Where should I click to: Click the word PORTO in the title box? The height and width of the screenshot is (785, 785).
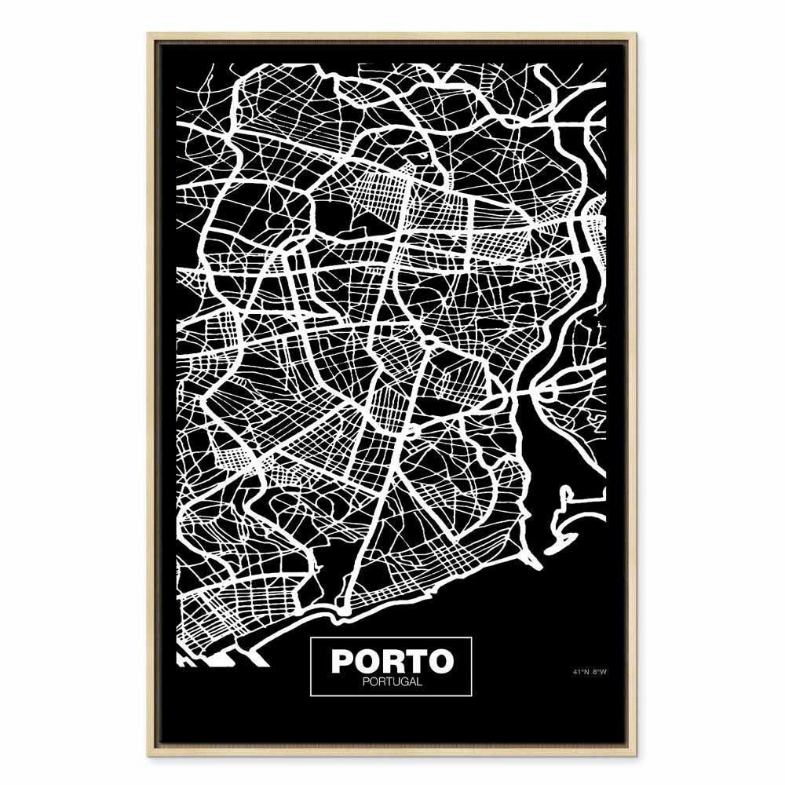[392, 660]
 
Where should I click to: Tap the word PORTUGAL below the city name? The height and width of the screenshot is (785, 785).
[392, 681]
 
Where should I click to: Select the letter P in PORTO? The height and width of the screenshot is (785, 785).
[341, 660]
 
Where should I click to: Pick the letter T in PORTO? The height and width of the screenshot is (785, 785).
[416, 660]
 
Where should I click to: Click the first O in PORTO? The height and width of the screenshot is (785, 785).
[367, 660]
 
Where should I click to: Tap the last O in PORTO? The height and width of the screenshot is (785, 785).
[441, 660]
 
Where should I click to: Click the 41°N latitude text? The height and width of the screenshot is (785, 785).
[581, 671]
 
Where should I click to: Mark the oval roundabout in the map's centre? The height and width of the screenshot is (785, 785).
[430, 342]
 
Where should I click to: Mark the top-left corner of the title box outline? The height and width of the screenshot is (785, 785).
[312, 638]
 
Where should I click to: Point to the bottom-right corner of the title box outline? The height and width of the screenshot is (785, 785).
[472, 695]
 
